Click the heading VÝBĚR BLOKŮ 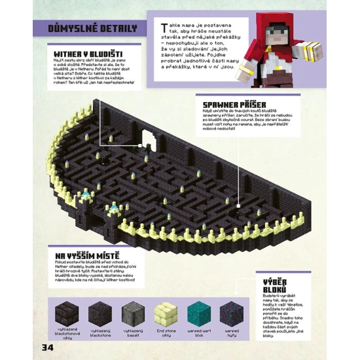pos(272,285)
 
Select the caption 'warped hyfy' pos(231,333)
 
